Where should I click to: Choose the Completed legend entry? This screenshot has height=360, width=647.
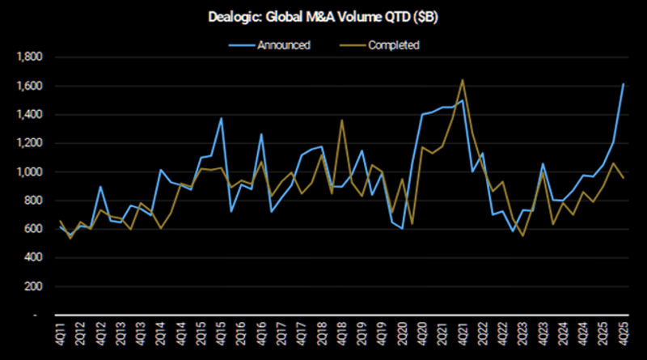coord(392,45)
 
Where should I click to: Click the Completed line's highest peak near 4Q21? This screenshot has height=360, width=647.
coord(462,80)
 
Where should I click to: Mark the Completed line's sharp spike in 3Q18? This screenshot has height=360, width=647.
coord(343,121)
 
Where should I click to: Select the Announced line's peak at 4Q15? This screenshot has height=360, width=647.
coord(221,118)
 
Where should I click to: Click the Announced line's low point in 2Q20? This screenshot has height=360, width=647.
coord(402,229)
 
